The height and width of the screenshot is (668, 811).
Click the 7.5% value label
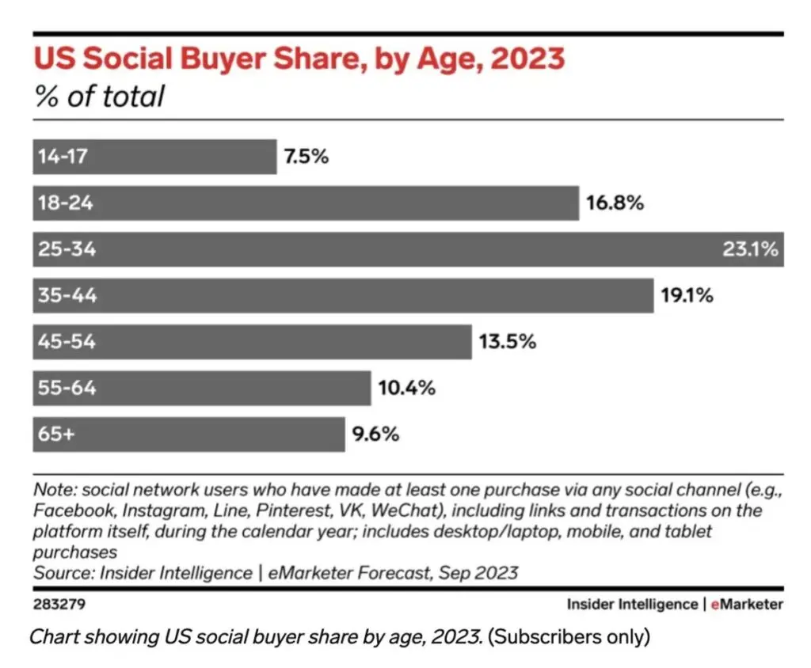point(306,157)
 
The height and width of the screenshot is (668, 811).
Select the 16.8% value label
point(615,203)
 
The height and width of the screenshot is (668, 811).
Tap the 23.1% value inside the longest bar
point(750,249)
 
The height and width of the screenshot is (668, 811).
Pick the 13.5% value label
point(508,342)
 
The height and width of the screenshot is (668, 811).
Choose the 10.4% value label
point(406,389)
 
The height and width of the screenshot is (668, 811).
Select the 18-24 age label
point(66,203)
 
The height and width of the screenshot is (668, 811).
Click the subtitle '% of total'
point(99,97)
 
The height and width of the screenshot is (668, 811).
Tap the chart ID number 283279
point(59,605)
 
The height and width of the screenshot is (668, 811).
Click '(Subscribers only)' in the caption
point(568,636)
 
